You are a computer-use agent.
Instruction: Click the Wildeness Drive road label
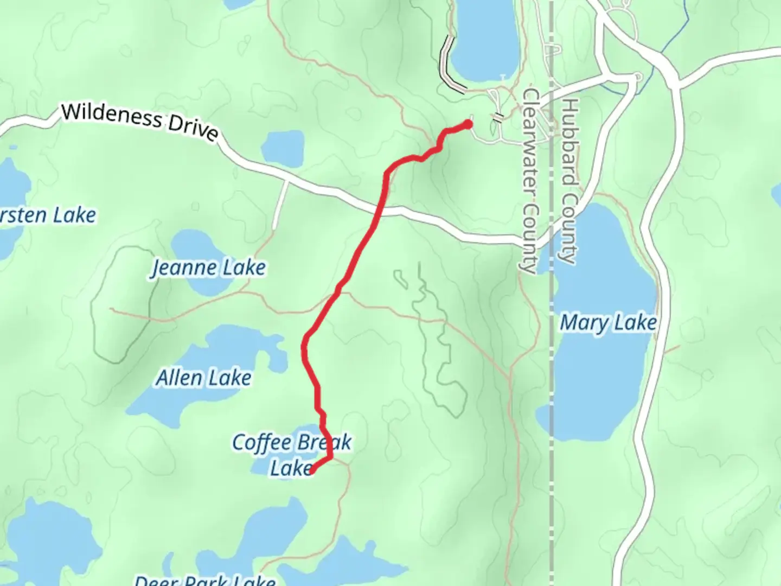(139, 122)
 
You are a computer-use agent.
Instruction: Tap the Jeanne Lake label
(208, 267)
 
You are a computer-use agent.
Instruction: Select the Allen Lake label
(204, 378)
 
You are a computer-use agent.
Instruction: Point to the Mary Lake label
(608, 323)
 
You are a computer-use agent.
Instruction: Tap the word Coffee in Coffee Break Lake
(261, 442)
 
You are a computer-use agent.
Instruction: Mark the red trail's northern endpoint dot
(468, 125)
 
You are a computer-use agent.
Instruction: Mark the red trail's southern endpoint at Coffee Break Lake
(311, 470)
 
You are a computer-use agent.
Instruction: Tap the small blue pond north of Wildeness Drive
(283, 148)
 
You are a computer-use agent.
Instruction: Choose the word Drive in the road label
(193, 129)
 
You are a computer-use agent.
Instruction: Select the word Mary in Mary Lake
(584, 323)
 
